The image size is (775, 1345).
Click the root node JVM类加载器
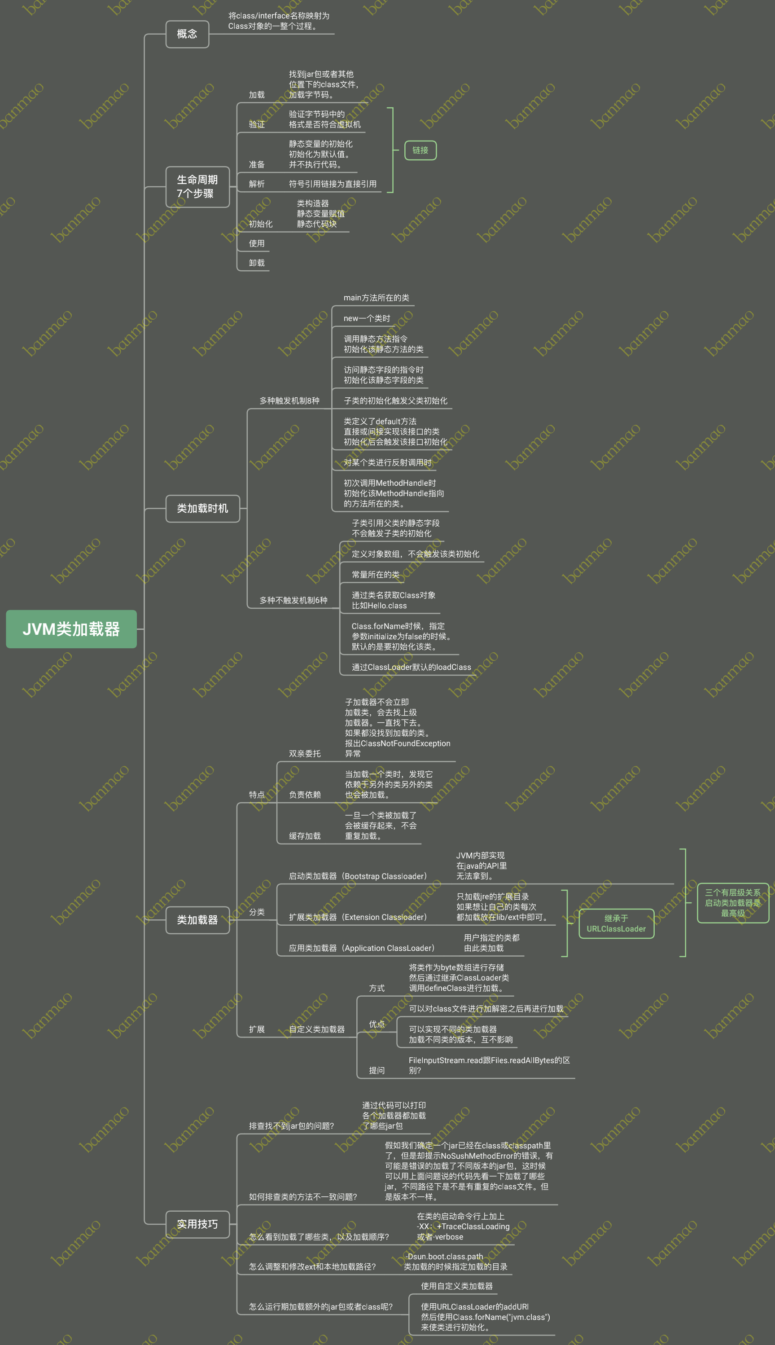pos(71,629)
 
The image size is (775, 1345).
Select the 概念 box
pos(187,34)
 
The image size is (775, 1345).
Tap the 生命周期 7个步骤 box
pos(197,187)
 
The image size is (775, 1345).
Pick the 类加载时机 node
pos(202,509)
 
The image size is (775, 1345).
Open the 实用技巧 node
pos(197,1224)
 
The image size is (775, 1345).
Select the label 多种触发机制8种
pos(289,400)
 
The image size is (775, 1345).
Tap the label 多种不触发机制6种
pos(293,600)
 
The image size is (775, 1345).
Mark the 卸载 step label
pos(257,263)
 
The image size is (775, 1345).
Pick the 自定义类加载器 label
pos(317,1029)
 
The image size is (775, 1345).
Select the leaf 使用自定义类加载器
pos(456,1286)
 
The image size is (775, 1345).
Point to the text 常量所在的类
pos(375,575)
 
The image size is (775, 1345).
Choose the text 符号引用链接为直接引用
pos(333,184)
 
